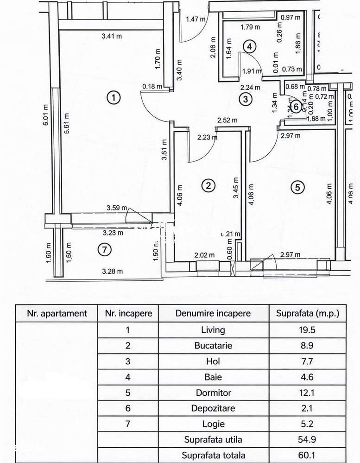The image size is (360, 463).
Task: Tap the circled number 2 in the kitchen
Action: [208, 186]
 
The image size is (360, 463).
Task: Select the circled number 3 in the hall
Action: [246, 98]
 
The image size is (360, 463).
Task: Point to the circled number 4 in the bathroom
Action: [249, 46]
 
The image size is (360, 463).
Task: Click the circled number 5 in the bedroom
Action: [297, 187]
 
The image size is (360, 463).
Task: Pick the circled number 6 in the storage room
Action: [297, 105]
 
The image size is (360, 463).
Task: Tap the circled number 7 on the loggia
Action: [105, 249]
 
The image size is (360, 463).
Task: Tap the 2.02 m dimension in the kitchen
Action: [204, 255]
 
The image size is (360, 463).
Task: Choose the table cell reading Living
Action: [213, 330]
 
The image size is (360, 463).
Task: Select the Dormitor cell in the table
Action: [213, 393]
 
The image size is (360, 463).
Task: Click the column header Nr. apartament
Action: [57, 313]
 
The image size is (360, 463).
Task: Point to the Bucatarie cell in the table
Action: [213, 346]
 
